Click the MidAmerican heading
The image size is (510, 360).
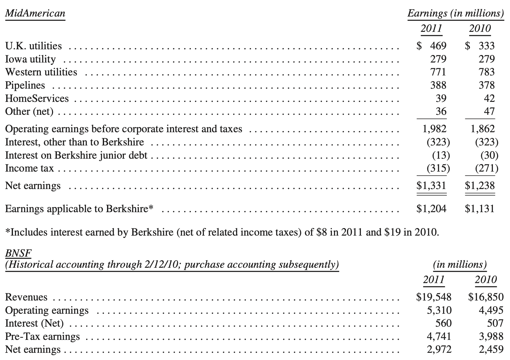(x=35, y=14)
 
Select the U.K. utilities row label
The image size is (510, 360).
(x=33, y=46)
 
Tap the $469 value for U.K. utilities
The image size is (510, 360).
(x=432, y=46)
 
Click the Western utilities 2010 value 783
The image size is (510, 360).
(x=487, y=72)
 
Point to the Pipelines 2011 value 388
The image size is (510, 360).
(x=438, y=85)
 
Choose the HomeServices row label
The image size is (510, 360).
(x=37, y=99)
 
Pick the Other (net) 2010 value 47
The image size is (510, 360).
(x=489, y=111)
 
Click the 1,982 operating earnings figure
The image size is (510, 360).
(x=434, y=129)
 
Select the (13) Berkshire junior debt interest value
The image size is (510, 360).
(x=441, y=155)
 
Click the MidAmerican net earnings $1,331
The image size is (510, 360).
(x=431, y=185)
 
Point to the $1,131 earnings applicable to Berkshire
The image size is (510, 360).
(x=480, y=209)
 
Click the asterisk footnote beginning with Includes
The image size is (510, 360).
(x=222, y=232)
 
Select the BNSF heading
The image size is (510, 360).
(x=18, y=254)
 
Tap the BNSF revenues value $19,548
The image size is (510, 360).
(x=434, y=297)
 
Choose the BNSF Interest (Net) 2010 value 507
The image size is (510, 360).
(x=495, y=323)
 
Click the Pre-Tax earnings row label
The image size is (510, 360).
(x=42, y=337)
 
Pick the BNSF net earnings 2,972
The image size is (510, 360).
(x=439, y=349)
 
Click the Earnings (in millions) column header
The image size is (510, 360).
(x=455, y=14)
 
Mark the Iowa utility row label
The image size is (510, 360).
(x=30, y=59)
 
